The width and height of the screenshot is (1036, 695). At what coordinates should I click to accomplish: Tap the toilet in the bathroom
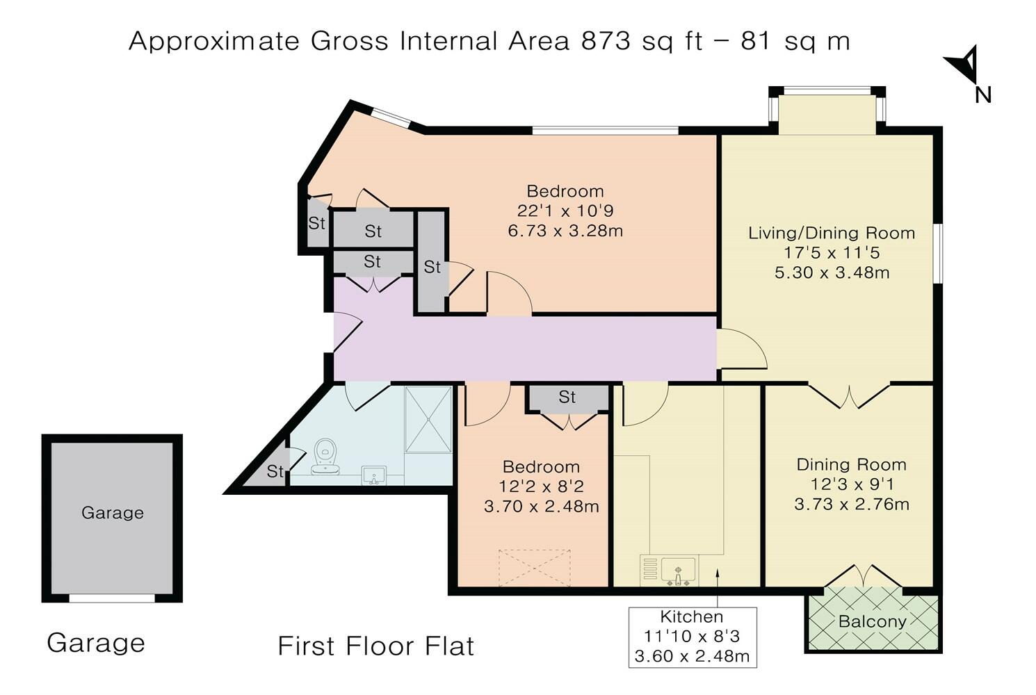325,457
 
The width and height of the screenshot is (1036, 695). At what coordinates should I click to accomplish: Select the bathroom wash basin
373,476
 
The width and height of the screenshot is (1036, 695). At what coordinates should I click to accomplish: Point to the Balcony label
873,621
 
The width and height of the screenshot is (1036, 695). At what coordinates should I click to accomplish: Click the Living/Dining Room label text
832,233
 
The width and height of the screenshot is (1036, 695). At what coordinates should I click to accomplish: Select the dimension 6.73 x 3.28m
565,231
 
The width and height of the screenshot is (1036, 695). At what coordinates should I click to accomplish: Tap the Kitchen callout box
693,637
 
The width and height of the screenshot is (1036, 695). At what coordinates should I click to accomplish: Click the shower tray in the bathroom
428,419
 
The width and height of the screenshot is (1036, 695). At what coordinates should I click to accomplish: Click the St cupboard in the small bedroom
567,398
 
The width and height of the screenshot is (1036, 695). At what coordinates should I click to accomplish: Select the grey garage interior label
113,513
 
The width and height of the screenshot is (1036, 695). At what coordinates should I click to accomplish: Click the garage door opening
112,598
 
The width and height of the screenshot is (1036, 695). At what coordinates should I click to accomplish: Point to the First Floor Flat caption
375,646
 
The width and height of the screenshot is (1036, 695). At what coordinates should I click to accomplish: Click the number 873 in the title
606,41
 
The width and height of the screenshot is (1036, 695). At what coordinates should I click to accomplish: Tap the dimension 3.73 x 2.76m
852,504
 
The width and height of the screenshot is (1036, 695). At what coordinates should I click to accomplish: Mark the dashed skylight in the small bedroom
534,569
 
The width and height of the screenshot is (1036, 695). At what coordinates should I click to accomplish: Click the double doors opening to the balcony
863,577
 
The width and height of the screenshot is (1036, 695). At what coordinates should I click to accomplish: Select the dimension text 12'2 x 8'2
541,486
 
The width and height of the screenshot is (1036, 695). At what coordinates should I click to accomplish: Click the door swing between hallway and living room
742,349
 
